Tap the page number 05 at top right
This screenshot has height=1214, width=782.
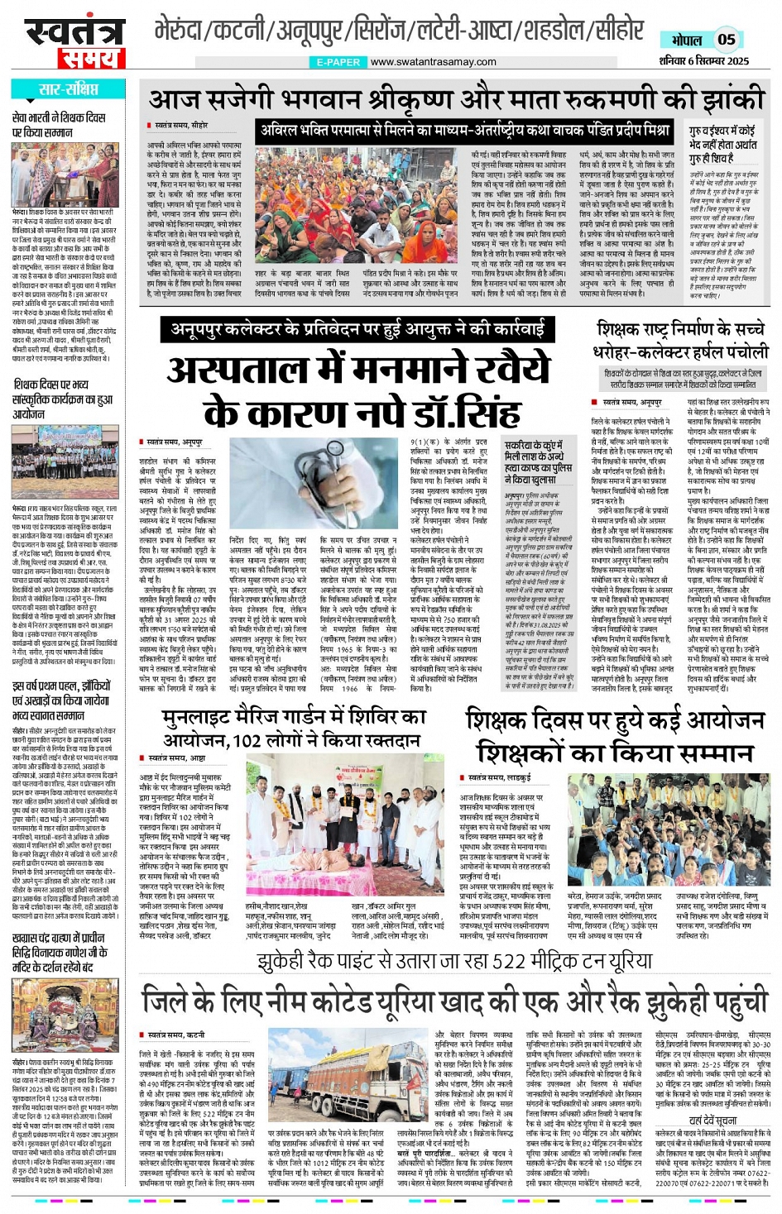click(x=726, y=39)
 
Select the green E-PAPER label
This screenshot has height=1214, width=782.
click(x=338, y=62)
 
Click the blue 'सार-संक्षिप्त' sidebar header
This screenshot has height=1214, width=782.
click(x=69, y=89)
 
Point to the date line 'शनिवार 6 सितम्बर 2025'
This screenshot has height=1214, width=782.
click(x=704, y=60)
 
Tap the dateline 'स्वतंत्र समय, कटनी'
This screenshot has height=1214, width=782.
click(x=177, y=1035)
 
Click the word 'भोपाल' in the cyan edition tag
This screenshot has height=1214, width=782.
click(x=686, y=40)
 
